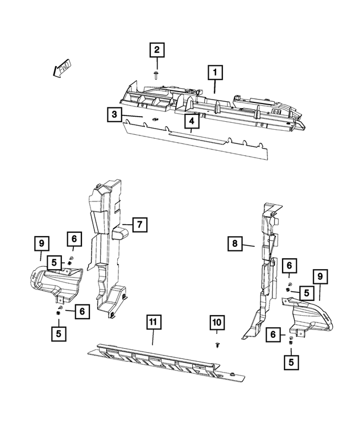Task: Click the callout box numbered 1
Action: point(214,73)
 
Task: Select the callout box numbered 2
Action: point(158,51)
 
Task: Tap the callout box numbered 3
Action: point(114,115)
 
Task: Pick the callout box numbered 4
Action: point(192,121)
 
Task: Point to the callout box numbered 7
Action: point(138,225)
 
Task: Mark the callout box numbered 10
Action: point(216,323)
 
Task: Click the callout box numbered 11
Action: point(152,322)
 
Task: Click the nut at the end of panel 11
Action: point(234,373)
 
